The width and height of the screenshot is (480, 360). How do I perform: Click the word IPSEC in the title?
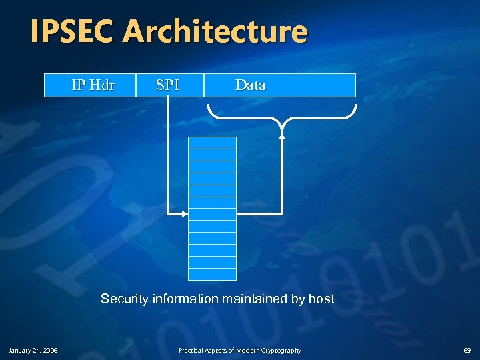tap(73, 31)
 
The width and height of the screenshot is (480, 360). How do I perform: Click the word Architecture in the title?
tap(215, 31)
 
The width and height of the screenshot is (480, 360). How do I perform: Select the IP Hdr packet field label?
tap(93, 85)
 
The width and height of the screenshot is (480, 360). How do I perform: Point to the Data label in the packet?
tap(250, 85)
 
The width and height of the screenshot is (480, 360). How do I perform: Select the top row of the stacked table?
tap(212, 143)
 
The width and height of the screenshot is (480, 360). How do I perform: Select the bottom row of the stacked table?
tap(212, 274)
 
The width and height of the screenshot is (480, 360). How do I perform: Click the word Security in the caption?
tap(125, 299)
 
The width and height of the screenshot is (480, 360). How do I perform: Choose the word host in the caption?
tap(321, 299)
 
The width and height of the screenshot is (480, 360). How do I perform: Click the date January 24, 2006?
tap(33, 350)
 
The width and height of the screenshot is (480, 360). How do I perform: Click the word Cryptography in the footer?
tap(281, 350)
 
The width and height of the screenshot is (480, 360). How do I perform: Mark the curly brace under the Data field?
tap(282, 117)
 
